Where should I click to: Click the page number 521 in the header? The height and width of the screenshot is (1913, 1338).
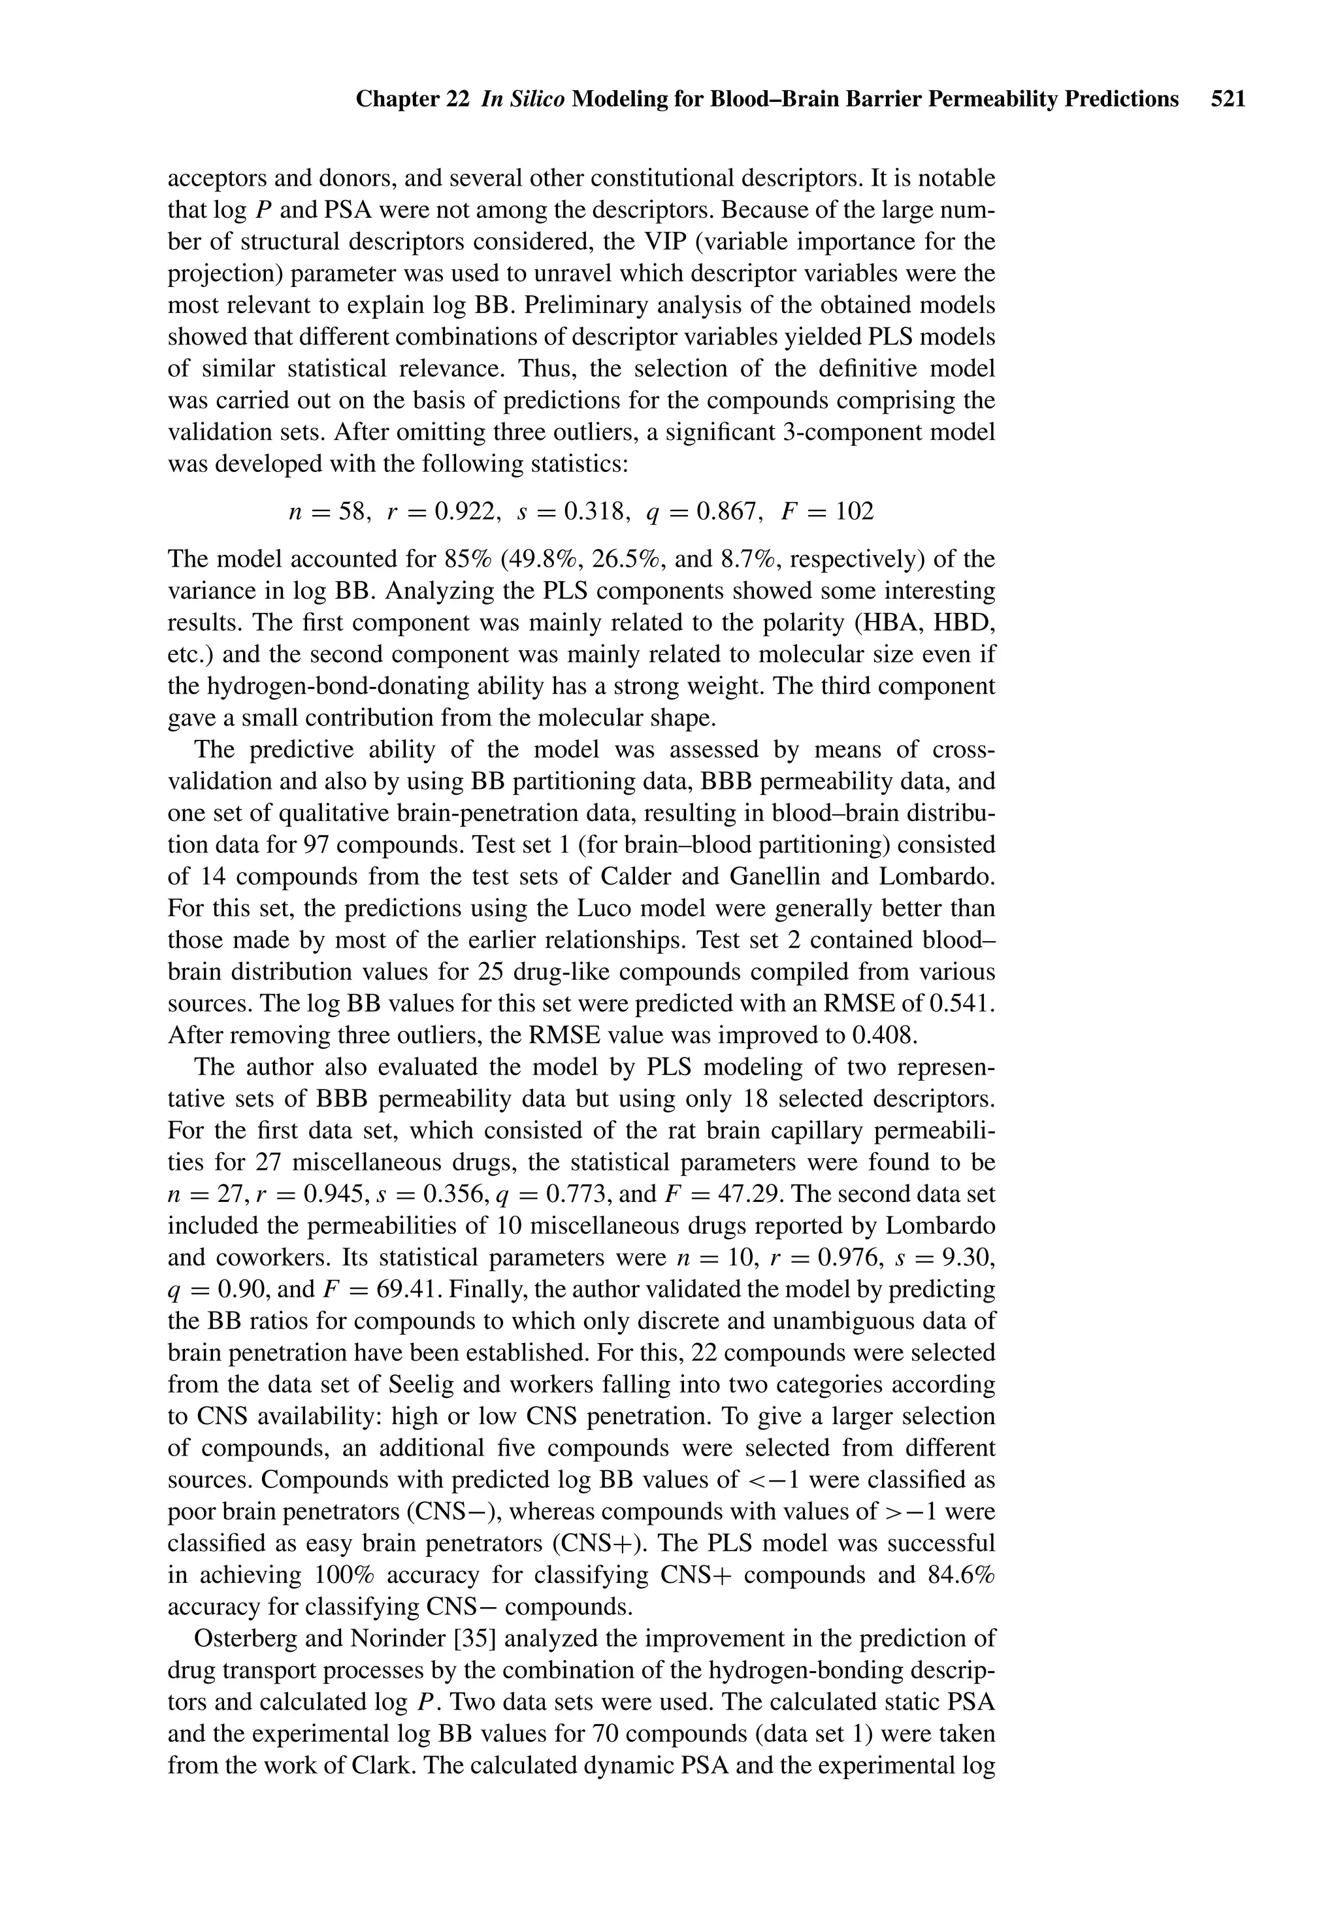1228,100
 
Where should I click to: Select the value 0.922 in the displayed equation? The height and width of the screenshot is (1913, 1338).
467,512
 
